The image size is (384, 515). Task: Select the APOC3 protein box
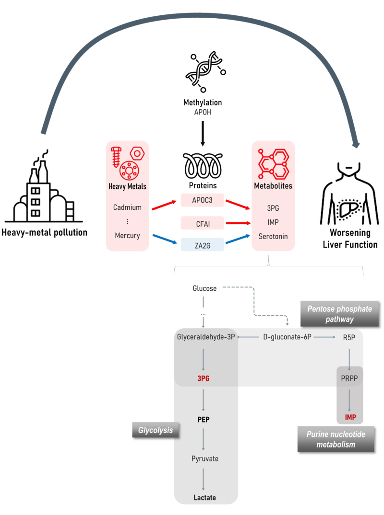[x=202, y=200]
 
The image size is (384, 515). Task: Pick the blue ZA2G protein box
[x=202, y=245]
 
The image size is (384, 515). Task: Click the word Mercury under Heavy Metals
[x=127, y=235]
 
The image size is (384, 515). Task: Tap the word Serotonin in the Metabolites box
[x=273, y=236]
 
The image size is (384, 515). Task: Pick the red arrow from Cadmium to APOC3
[x=164, y=205]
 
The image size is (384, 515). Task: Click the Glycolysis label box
[x=156, y=430]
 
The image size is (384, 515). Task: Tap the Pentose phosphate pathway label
[x=339, y=314]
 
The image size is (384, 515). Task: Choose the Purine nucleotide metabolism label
[x=336, y=440]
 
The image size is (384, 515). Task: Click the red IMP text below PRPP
[x=350, y=417]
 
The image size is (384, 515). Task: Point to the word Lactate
[x=204, y=497]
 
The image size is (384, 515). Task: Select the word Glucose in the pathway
[x=204, y=288]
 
